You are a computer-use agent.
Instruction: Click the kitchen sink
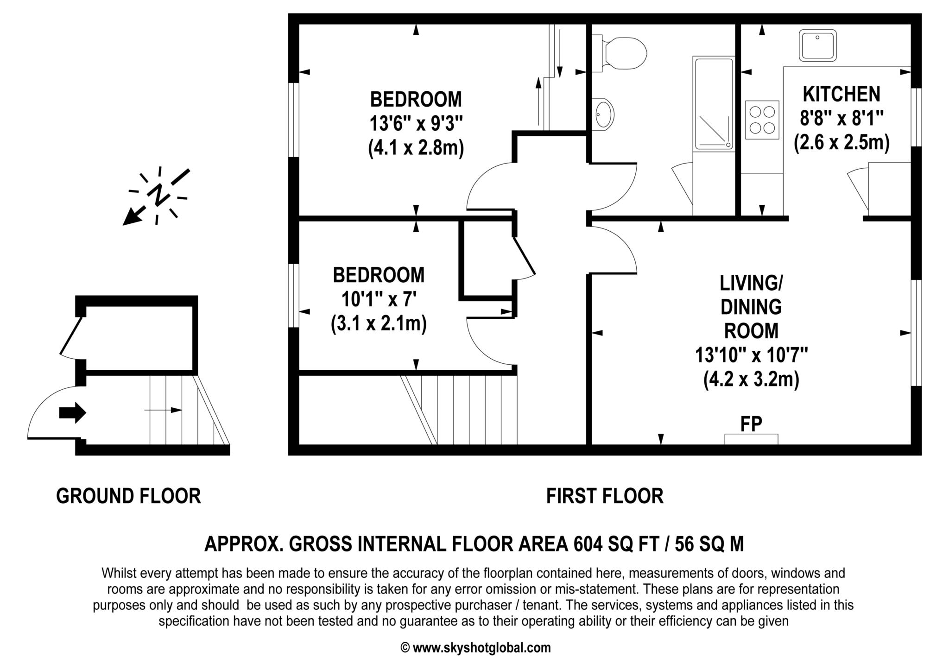click(818, 45)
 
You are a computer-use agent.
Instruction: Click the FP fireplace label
click(751, 424)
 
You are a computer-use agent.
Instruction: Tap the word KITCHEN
click(841, 94)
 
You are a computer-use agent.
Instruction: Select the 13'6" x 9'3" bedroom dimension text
click(416, 124)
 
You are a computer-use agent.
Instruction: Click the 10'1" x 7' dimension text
click(379, 299)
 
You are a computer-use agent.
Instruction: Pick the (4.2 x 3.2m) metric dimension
click(751, 380)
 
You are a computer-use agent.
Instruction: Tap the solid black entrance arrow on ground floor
click(73, 412)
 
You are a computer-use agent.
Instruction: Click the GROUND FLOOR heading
click(128, 496)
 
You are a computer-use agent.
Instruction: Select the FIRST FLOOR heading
click(605, 496)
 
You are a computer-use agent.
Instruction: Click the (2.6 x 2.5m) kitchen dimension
click(841, 143)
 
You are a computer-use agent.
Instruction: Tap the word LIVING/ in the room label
click(751, 282)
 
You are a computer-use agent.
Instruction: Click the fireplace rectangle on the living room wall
click(751, 439)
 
